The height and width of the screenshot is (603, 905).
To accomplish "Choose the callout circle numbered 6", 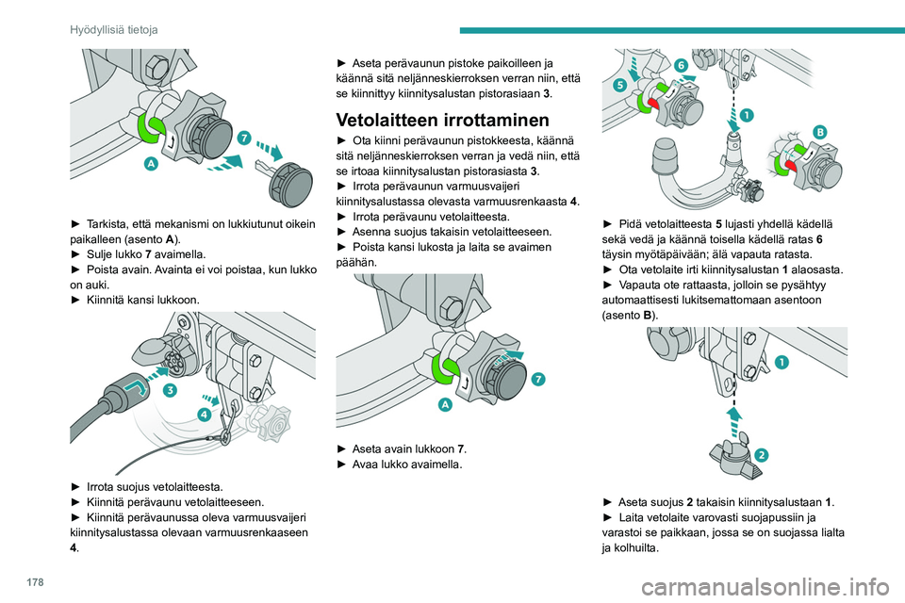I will pyautogui.click(x=680, y=65).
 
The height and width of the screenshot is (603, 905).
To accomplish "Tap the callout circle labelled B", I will pyautogui.click(x=819, y=132).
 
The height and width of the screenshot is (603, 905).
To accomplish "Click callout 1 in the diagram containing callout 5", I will pyautogui.click(x=746, y=115).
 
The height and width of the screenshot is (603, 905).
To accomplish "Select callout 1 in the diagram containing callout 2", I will pyautogui.click(x=782, y=361).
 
